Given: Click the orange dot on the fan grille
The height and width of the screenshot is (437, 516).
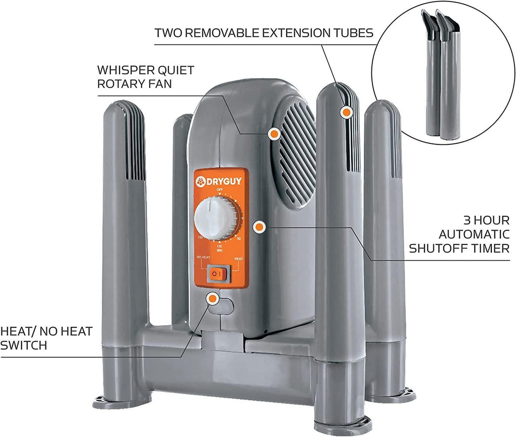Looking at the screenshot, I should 274,134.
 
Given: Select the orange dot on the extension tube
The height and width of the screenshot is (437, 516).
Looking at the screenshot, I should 346,113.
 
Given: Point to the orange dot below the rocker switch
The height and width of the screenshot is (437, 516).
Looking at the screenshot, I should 213,298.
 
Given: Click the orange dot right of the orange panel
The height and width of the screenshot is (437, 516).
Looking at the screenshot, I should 259,227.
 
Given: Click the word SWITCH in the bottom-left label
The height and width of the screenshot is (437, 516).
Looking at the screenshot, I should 23,345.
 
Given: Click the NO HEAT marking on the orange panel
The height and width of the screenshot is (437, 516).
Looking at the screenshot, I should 203,257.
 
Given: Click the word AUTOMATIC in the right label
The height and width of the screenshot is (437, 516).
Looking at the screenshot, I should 473,234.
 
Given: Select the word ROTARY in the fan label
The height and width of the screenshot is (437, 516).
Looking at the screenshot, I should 119,84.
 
